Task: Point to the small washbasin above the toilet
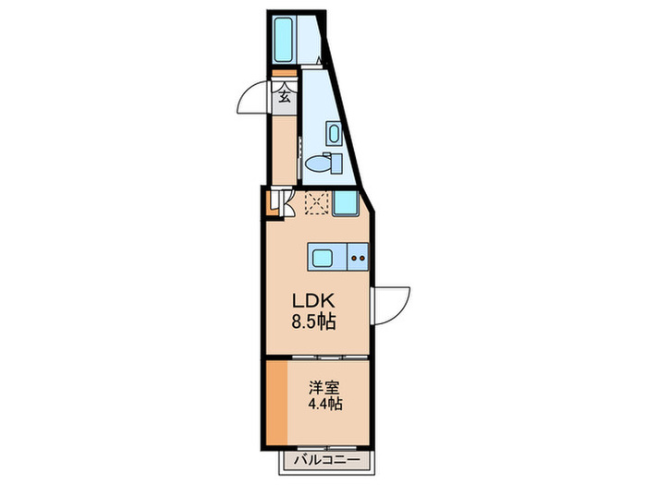(x=334, y=135)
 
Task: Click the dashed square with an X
(x=316, y=201)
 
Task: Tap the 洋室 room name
(x=324, y=386)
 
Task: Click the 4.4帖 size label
(x=324, y=405)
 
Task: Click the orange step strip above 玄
(x=284, y=73)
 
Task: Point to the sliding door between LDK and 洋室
(x=319, y=357)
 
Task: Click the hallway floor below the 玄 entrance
(x=284, y=148)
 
